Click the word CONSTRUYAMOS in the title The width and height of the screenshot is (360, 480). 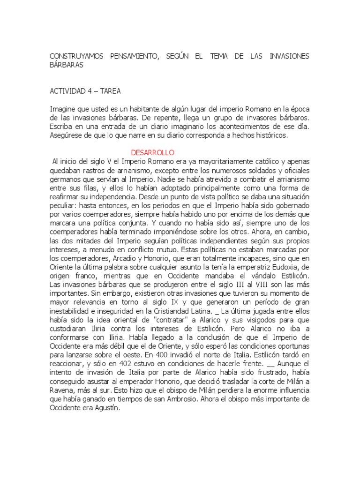[x=75, y=57]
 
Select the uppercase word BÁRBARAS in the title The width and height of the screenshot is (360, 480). [x=67, y=65]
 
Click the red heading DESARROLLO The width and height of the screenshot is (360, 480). [x=152, y=153]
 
